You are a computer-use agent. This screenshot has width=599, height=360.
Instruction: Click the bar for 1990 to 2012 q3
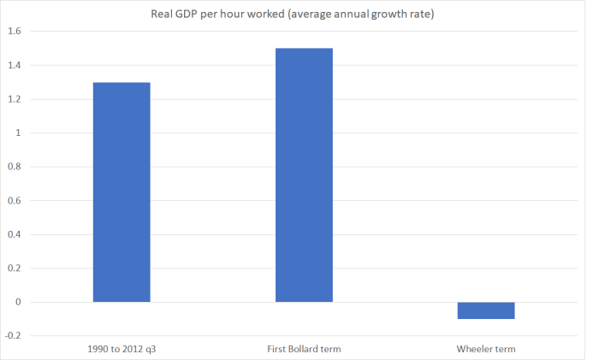(122, 192)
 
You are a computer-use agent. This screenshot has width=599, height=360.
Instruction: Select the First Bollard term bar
(304, 175)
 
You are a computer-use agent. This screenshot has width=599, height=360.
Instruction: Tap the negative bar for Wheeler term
(486, 310)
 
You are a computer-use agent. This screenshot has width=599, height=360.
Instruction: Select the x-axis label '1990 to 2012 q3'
(122, 349)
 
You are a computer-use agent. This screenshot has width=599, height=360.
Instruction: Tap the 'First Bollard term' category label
(304, 349)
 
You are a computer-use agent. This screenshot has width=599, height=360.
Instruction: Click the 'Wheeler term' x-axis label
(486, 349)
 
